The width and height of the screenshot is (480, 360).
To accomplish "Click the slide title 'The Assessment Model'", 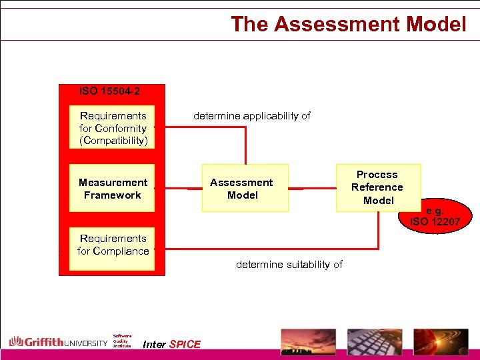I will (x=348, y=24).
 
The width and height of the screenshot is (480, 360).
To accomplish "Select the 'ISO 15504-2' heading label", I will (x=109, y=91).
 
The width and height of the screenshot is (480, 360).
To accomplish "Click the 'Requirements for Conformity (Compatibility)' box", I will (x=113, y=127).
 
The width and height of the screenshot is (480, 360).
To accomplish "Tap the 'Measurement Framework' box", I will (x=113, y=189).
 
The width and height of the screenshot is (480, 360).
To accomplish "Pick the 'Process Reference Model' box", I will (x=377, y=187).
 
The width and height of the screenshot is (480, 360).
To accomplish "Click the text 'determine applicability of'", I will (x=252, y=116).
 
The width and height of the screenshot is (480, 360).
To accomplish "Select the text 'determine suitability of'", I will (x=289, y=265).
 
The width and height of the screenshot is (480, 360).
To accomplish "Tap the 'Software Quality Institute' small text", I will (x=122, y=341).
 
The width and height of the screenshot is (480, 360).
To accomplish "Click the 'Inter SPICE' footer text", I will (x=172, y=345).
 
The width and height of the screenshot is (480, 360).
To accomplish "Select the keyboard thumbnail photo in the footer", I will (x=375, y=341).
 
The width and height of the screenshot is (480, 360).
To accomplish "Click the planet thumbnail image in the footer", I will (x=439, y=341).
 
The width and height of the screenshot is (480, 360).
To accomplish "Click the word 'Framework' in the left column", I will (x=113, y=195).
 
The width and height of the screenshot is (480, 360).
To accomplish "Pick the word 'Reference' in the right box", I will (x=377, y=187).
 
